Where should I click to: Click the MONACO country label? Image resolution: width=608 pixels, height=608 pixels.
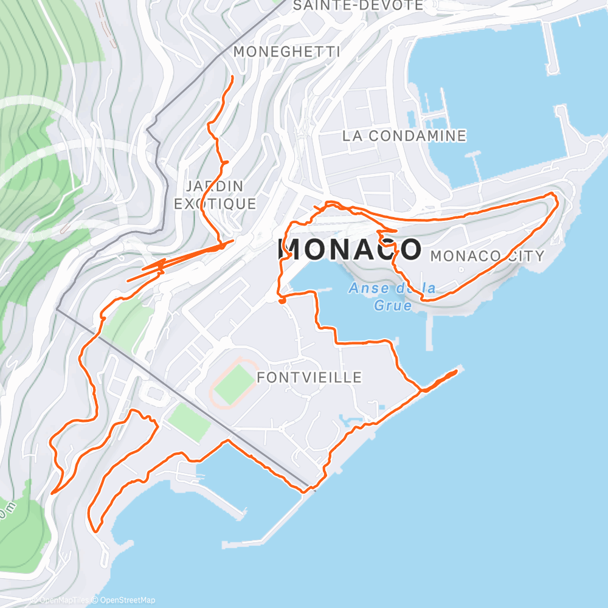(350, 249)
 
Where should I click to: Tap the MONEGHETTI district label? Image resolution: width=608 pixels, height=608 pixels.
(286, 52)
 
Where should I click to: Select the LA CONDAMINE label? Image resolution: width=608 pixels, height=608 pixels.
(404, 136)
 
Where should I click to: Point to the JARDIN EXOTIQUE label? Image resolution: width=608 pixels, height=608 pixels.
(215, 195)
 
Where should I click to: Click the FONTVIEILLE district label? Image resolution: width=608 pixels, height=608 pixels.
(309, 378)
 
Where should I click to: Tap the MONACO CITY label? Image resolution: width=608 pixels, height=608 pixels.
(487, 256)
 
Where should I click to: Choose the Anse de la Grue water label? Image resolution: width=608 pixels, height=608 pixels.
(392, 297)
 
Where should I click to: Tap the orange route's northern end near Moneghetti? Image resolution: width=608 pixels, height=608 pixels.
(232, 77)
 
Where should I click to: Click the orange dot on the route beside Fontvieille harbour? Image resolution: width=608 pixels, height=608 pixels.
(282, 300)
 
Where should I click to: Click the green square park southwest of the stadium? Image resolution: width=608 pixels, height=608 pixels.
(189, 423)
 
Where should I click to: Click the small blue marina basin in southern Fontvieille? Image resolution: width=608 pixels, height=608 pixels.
(350, 420)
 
